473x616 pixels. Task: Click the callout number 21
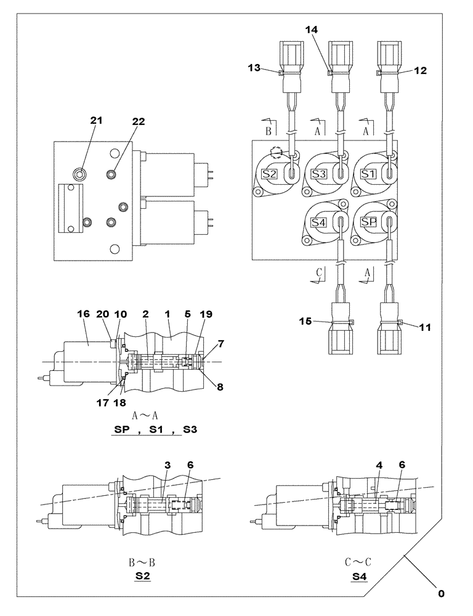tap(95, 121)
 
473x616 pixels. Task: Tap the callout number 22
tap(138, 122)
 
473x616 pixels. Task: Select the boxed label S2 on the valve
tap(269, 174)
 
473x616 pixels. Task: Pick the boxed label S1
tap(368, 174)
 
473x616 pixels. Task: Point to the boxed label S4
tap(318, 222)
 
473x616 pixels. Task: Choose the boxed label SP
tap(368, 222)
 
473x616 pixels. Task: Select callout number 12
tap(420, 71)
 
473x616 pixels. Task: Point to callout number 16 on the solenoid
tap(83, 314)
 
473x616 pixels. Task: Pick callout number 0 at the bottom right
tap(441, 594)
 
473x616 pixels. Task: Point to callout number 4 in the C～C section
tap(380, 465)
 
